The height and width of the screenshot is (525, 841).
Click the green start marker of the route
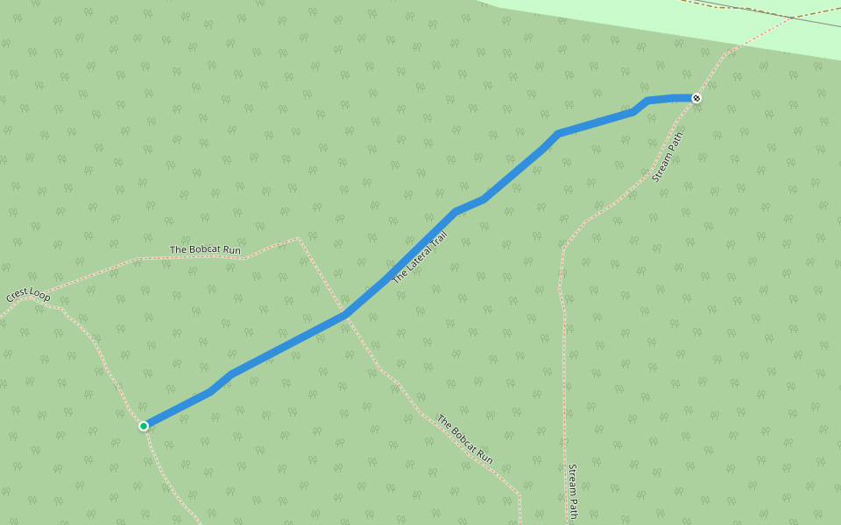point(144,426)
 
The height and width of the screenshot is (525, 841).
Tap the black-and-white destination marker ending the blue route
point(696,98)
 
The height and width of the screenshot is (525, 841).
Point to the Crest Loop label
point(28,295)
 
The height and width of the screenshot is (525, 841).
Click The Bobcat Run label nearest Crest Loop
point(205,250)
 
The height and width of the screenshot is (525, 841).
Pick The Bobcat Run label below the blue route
point(464,439)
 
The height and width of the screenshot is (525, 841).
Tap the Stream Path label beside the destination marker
point(668,157)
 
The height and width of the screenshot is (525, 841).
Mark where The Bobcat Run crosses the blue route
point(346,314)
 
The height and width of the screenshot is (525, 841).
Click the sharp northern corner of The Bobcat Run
point(299,238)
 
